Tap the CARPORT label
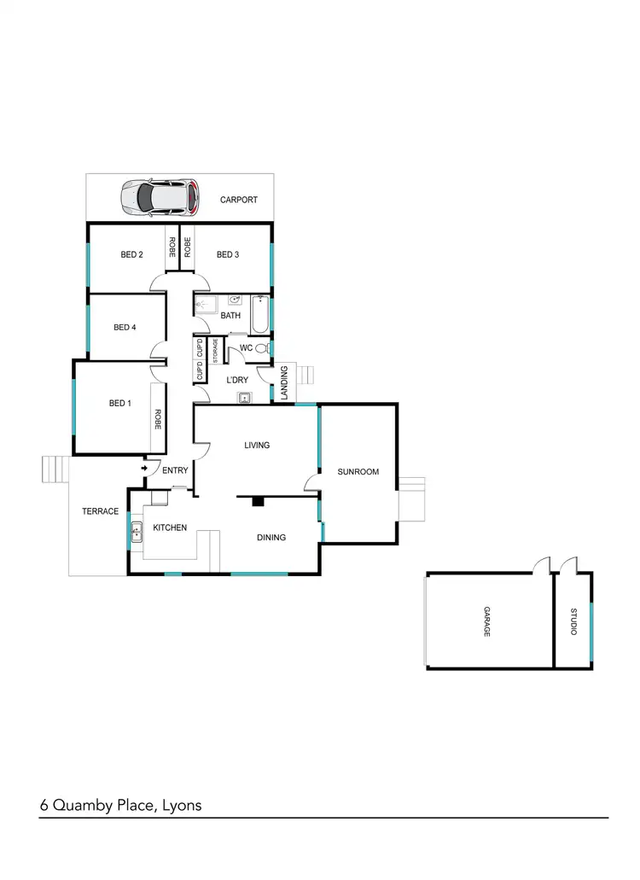coord(238,201)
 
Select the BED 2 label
coord(131,254)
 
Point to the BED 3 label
coord(227,254)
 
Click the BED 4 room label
coord(125,327)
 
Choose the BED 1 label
coord(119,403)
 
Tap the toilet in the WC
coord(260,348)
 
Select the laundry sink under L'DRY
coord(245,396)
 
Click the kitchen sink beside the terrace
coord(137,535)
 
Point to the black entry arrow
coord(144,468)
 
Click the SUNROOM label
coord(358,471)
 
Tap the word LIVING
coord(257,445)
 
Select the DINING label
coord(271,538)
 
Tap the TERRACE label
coord(100,511)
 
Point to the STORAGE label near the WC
coord(216,352)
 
